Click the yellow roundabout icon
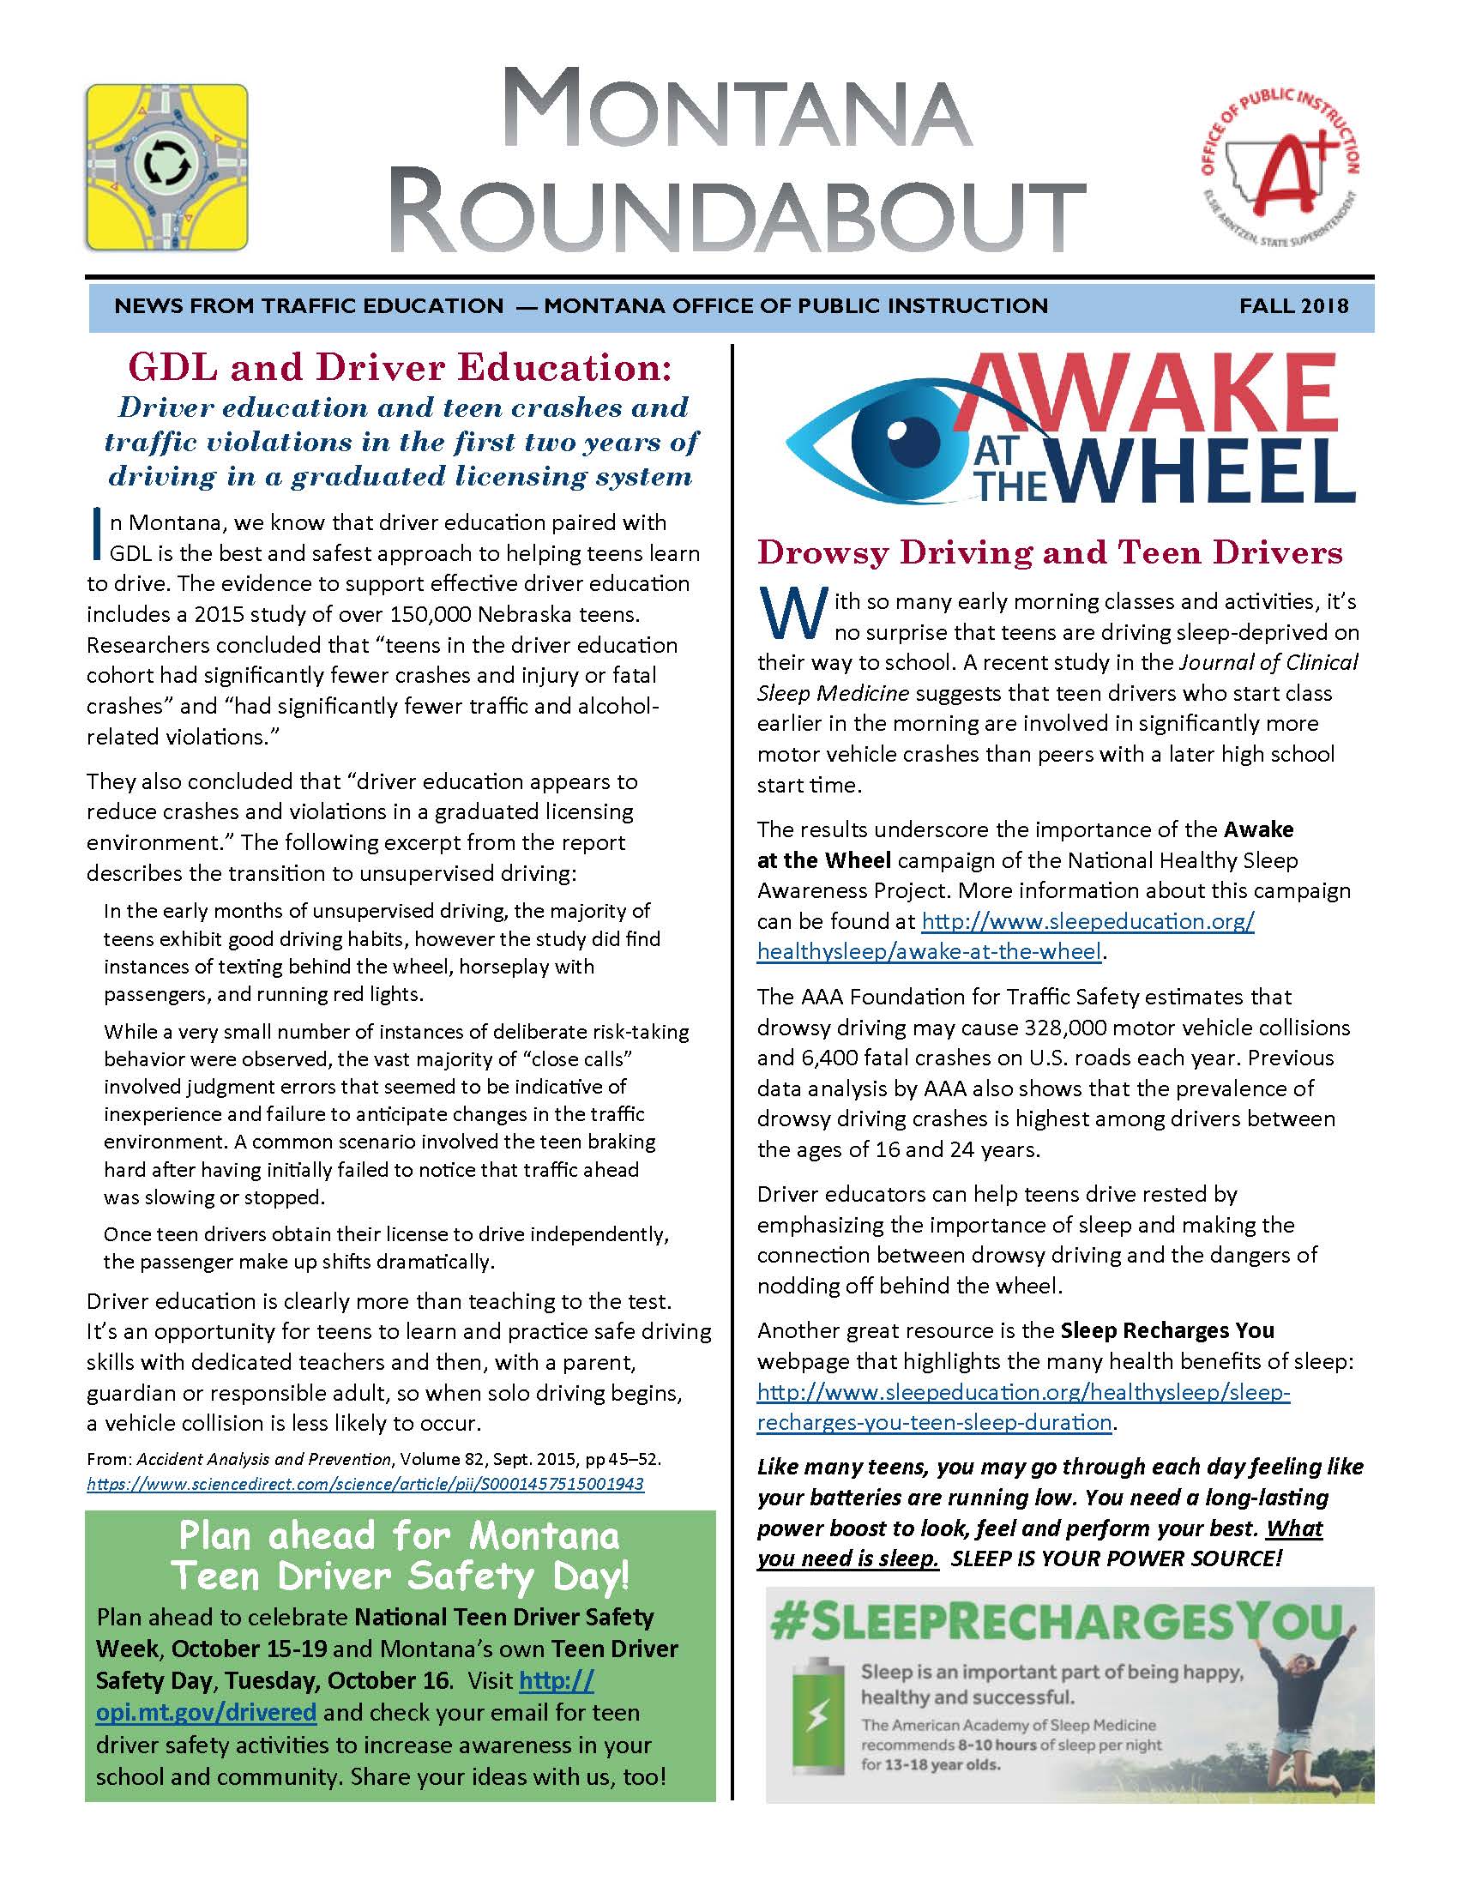(x=166, y=166)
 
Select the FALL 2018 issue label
(x=1293, y=306)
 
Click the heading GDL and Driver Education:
(x=399, y=368)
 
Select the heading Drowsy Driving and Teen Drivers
(x=1050, y=553)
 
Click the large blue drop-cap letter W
(x=789, y=615)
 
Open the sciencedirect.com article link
(x=365, y=1485)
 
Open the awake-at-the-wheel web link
(x=930, y=952)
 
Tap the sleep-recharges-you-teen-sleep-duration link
(x=933, y=1422)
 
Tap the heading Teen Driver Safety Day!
(x=400, y=1576)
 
